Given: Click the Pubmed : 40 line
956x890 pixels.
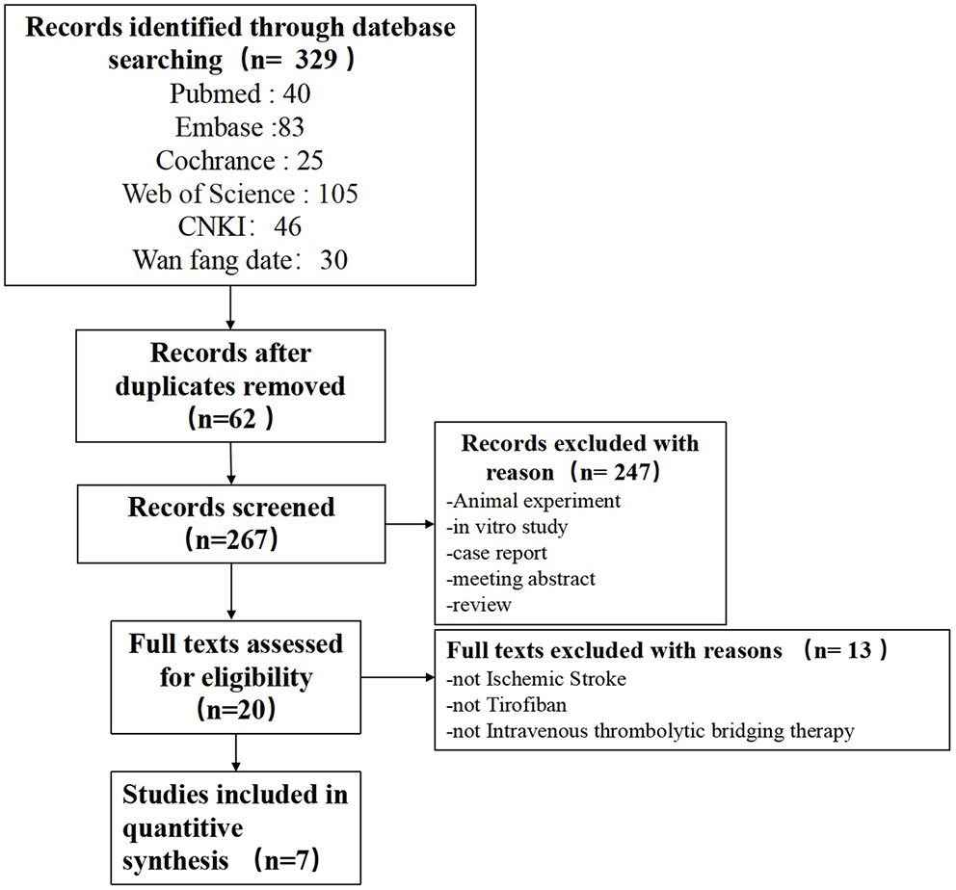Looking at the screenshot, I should (x=240, y=94).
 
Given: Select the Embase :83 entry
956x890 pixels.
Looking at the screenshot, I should (x=240, y=127).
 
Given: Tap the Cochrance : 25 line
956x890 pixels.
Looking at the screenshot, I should (x=240, y=160).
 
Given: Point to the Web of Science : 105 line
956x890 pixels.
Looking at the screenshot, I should (x=240, y=194).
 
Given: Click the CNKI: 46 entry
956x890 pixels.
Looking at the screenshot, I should (x=240, y=226).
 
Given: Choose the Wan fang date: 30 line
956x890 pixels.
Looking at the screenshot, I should (x=240, y=259).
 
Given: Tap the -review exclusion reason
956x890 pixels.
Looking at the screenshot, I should (x=480, y=605).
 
